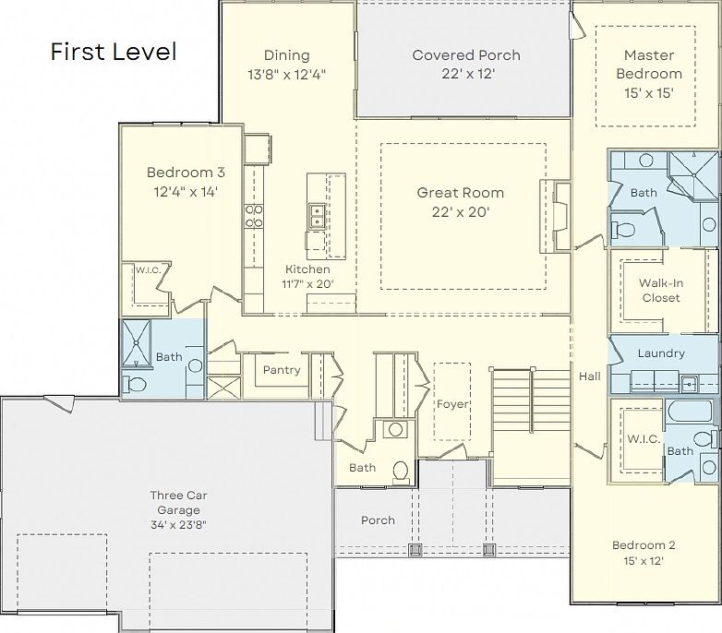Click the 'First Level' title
[x=113, y=52]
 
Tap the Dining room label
[x=286, y=55]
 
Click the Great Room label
[x=461, y=193]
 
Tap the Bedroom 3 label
[x=186, y=172]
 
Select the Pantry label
[x=282, y=370]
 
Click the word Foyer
[x=452, y=404]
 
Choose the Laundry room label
[x=661, y=353]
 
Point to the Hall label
[x=590, y=376]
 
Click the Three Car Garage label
[x=174, y=502]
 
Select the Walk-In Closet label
[x=661, y=291]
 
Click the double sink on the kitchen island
[x=316, y=216]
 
